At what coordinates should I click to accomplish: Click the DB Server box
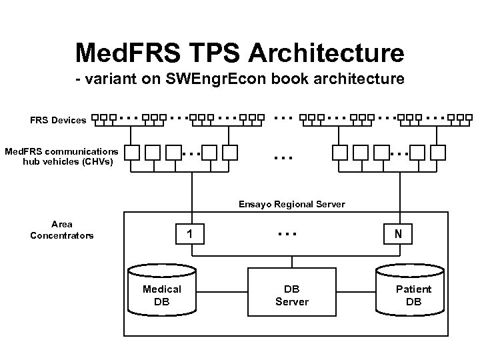[x=292, y=291]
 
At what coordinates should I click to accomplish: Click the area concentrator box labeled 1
[x=191, y=234]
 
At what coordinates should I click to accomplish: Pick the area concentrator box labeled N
[x=398, y=234]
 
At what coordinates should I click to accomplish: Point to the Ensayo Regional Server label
[x=292, y=204]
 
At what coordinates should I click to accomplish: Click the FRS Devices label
[x=58, y=121]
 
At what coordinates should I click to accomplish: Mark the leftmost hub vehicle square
[x=132, y=153]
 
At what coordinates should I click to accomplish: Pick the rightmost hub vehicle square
[x=438, y=153]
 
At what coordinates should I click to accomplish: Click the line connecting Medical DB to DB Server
[x=222, y=291]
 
